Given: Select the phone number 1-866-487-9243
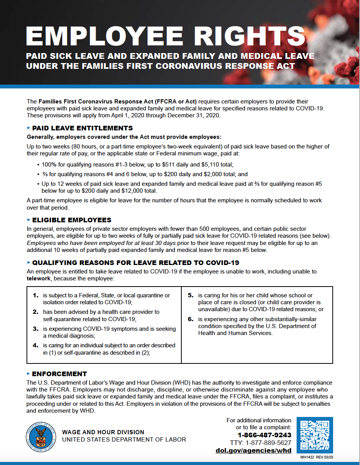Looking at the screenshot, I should tap(264, 435).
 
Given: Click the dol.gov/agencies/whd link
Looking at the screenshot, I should tap(254, 450).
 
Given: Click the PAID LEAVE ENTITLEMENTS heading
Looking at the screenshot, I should tap(82, 128).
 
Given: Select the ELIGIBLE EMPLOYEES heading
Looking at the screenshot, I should tap(71, 220).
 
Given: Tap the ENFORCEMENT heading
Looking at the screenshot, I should tap(59, 374).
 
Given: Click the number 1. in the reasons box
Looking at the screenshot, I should tap(36, 295).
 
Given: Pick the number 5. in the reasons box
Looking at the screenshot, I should tap(191, 295).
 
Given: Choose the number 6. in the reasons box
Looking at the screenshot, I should tap(191, 319).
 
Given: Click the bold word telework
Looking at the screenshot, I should tap(39, 278).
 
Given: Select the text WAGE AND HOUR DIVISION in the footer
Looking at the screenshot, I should tap(103, 432).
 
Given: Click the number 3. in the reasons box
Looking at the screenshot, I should tap(36, 329).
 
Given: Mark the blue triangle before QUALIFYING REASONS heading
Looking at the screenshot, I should tap(28, 263).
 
